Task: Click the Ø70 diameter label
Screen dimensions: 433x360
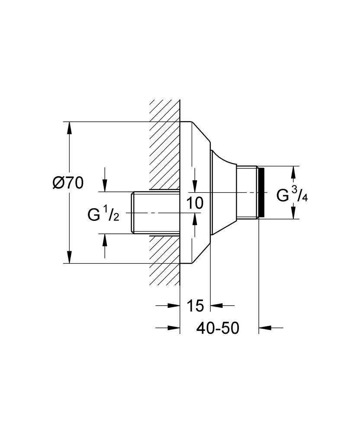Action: (67, 183)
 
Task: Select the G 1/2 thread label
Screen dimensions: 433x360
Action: (103, 214)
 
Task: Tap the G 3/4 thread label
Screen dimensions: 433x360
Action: (292, 196)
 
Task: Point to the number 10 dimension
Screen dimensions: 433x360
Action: (196, 203)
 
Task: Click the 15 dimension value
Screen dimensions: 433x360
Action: (195, 306)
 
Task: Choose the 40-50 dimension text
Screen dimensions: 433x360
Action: (218, 328)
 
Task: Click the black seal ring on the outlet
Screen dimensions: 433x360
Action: (261, 193)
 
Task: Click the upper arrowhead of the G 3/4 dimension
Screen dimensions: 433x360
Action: (293, 171)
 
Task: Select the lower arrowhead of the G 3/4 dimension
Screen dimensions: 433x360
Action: (293, 214)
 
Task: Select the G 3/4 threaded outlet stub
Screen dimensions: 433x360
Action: (247, 193)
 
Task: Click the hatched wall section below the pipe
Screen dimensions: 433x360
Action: (165, 260)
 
